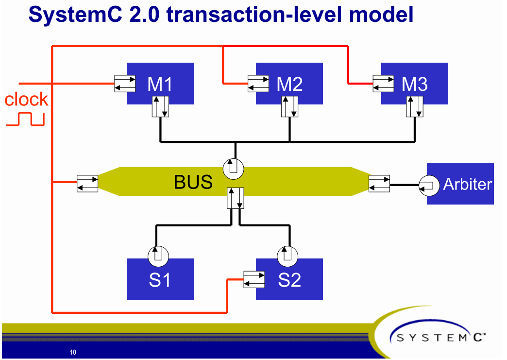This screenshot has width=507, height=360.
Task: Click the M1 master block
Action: [x=160, y=84]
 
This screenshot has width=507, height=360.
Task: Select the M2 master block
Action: [x=289, y=84]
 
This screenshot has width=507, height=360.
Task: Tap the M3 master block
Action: [x=414, y=84]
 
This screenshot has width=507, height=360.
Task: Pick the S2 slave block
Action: [x=289, y=280]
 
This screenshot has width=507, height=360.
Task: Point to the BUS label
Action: [x=193, y=182]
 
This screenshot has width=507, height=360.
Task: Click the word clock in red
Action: [x=26, y=100]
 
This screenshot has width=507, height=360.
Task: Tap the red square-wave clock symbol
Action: [x=25, y=120]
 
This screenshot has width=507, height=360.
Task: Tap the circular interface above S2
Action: [x=287, y=256]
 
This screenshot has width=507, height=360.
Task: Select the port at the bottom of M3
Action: [x=415, y=106]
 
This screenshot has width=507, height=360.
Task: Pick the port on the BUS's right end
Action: [x=379, y=183]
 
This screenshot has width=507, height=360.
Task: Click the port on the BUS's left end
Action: [x=87, y=183]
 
